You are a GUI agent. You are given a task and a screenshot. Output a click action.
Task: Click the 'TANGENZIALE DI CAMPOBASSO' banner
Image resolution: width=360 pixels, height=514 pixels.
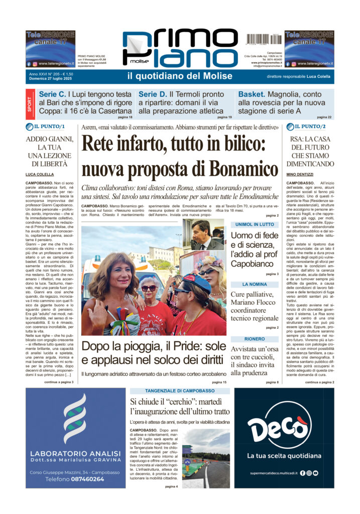179,391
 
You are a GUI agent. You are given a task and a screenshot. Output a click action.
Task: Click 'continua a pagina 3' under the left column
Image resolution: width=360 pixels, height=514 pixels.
59,382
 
